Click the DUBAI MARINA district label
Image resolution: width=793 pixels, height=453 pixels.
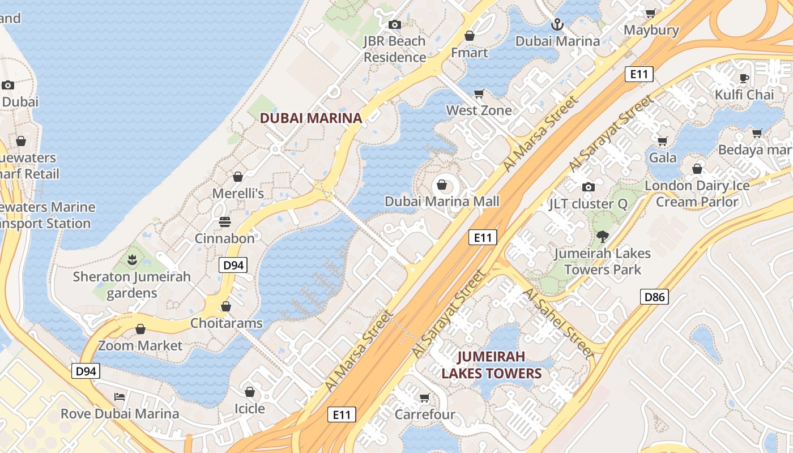tap(310, 118)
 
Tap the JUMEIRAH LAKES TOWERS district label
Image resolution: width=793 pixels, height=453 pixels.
tap(492, 365)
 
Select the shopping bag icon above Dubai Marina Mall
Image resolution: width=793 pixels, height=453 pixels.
tap(442, 185)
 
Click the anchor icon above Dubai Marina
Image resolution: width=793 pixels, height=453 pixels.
tap(557, 24)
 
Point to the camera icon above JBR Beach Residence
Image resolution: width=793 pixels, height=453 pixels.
tap(395, 24)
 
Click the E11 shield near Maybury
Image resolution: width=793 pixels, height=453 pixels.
tap(639, 74)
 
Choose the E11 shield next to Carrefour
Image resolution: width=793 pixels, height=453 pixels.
tap(342, 414)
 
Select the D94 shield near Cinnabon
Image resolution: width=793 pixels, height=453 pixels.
tap(233, 264)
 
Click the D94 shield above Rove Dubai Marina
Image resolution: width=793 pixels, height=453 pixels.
tap(86, 371)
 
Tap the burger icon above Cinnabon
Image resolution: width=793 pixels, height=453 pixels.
tap(225, 221)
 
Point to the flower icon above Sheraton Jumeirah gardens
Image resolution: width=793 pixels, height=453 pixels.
tap(133, 260)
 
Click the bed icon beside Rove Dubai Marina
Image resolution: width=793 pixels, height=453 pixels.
tap(120, 396)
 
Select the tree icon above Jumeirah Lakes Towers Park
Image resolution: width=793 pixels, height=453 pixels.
tap(602, 237)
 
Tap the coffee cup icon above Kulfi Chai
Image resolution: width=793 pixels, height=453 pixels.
tap(744, 78)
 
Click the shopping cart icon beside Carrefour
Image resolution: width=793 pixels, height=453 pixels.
tap(424, 398)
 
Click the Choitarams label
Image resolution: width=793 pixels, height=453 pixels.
tap(227, 323)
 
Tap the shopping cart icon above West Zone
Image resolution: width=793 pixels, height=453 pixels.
tap(479, 93)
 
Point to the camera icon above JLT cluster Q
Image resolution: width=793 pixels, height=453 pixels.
tap(588, 187)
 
